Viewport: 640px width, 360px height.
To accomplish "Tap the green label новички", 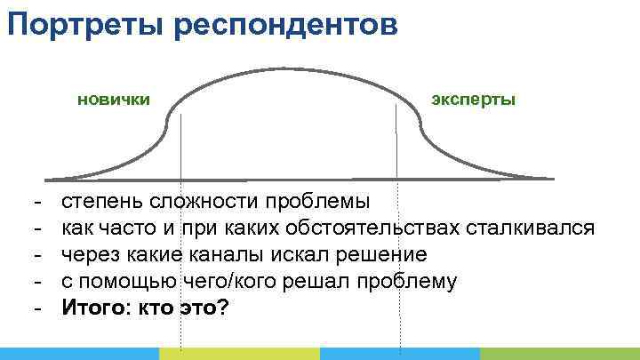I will tap(113, 99).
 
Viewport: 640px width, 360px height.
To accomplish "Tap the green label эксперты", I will tap(473, 99).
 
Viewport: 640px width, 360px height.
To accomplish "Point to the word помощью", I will tap(128, 282).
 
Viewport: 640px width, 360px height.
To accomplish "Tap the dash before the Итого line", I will tap(38, 308).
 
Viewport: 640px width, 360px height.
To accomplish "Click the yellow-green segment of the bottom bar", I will tap(240, 354).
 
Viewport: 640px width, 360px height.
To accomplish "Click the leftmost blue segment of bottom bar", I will tap(80, 354).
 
